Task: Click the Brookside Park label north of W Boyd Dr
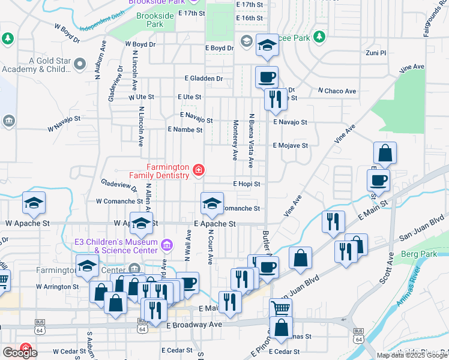point(149,20)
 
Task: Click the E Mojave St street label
point(291,146)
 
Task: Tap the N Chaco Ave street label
point(337,91)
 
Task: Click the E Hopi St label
point(247,184)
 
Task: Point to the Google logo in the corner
point(20,353)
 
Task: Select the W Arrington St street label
point(57,287)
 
